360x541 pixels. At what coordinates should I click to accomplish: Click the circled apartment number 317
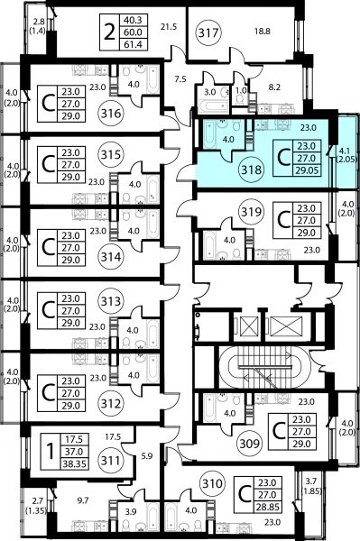(x=209, y=32)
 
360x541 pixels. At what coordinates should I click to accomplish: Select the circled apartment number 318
(x=252, y=170)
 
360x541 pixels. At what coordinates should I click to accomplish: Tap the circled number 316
(x=111, y=114)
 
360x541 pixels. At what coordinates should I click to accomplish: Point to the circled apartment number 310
(x=212, y=483)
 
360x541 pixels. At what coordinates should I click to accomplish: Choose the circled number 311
(x=111, y=460)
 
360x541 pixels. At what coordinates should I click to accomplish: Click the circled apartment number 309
(x=250, y=443)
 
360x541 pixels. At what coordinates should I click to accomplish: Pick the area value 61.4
(x=133, y=44)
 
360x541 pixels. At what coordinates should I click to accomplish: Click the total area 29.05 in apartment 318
(x=306, y=170)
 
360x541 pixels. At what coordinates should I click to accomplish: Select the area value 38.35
(x=75, y=463)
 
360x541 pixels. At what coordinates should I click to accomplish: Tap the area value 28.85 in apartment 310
(x=267, y=507)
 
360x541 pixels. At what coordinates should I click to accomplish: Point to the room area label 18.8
(x=263, y=32)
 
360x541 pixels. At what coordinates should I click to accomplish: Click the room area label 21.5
(x=169, y=26)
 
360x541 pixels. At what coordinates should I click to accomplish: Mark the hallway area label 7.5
(x=180, y=79)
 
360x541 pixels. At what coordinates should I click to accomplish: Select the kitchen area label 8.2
(x=274, y=87)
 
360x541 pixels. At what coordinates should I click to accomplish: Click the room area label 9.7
(x=82, y=500)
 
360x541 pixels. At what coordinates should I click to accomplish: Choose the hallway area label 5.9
(x=147, y=456)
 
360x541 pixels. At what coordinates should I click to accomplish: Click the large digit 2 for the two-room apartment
(x=109, y=32)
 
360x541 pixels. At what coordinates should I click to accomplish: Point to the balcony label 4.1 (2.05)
(x=346, y=155)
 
